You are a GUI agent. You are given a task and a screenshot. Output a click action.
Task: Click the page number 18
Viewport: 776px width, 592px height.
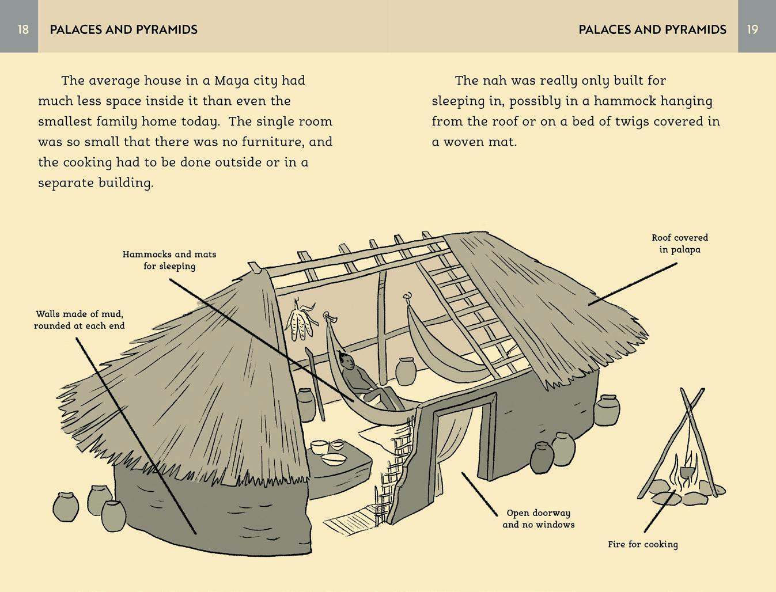(23, 29)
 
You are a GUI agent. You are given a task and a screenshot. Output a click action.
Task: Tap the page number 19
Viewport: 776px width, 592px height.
(752, 29)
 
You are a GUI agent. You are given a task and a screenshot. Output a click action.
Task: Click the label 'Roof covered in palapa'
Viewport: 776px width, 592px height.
(680, 244)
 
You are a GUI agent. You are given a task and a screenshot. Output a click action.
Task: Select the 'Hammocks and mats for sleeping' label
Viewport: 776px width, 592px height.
(169, 260)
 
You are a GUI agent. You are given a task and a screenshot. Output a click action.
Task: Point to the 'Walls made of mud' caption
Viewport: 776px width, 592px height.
(80, 320)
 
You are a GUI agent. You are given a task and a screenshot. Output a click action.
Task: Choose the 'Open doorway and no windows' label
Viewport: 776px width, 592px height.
(538, 518)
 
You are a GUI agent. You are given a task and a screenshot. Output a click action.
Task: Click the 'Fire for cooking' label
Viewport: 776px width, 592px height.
(642, 544)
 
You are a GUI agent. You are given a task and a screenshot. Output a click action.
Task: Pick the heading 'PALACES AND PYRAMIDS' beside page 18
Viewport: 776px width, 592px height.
(123, 29)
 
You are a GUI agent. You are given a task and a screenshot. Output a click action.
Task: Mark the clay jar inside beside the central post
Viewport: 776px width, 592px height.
(406, 371)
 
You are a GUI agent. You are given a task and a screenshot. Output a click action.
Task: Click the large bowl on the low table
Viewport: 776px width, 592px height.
(333, 459)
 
